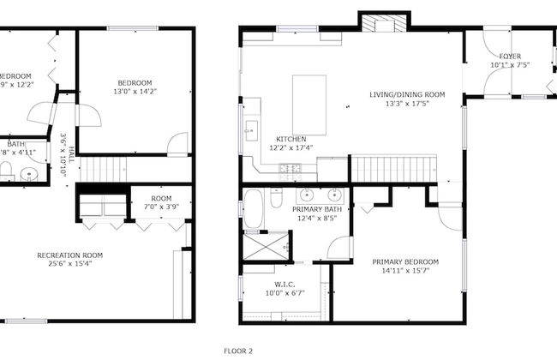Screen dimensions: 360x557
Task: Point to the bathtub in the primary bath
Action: [254, 210]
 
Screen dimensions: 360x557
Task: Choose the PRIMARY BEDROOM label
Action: [405, 261]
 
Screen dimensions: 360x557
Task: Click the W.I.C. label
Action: [285, 285]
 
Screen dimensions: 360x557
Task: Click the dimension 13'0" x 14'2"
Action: [135, 91]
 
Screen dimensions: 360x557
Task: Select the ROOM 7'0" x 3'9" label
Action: [161, 203]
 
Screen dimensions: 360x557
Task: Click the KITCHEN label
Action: [291, 139]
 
